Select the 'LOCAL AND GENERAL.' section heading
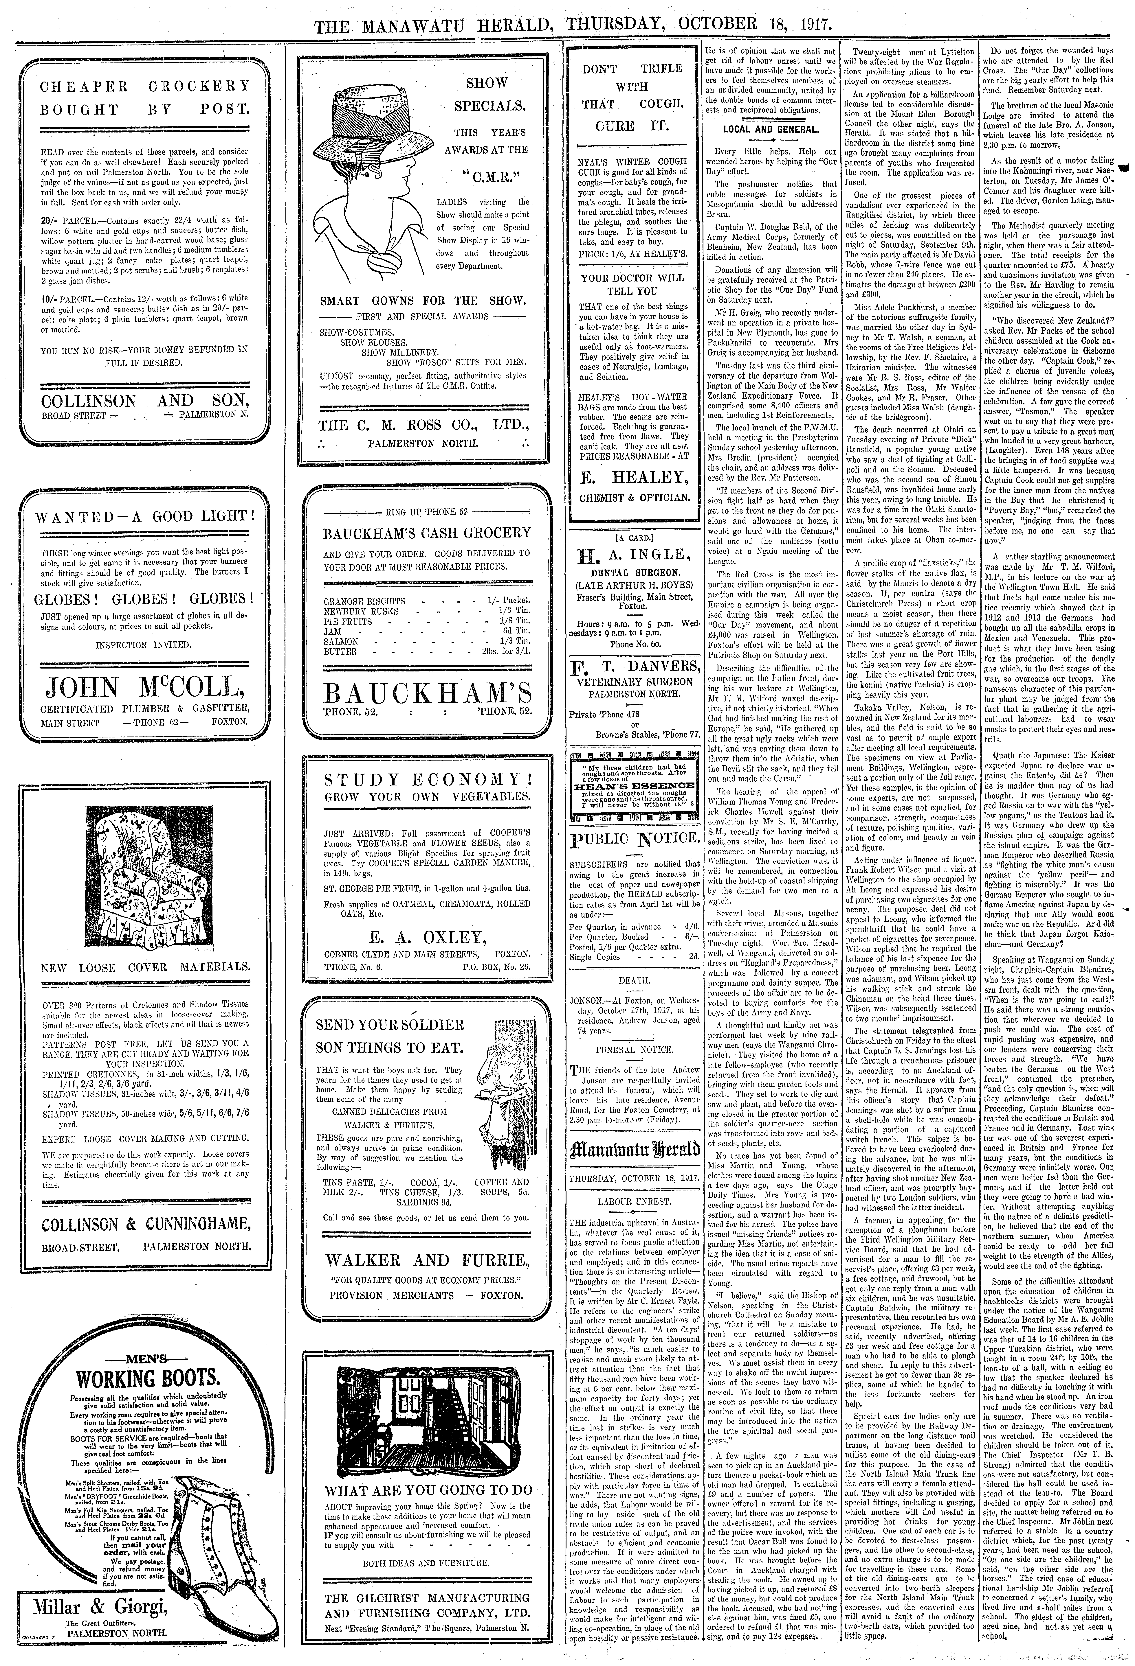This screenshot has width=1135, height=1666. pos(770,130)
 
